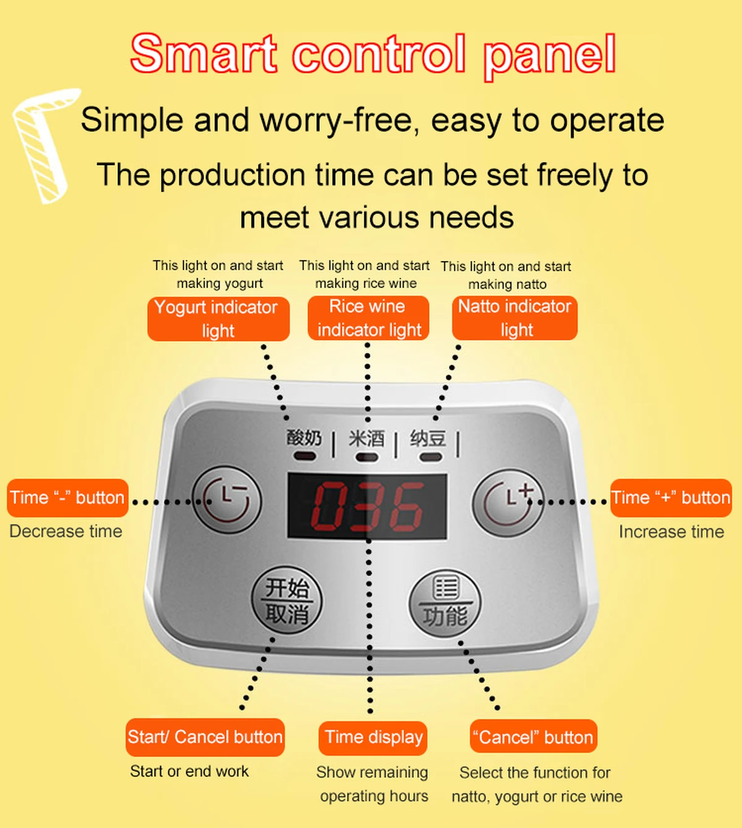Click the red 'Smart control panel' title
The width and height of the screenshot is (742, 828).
pos(373,54)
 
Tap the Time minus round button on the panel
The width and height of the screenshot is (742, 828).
pos(227,500)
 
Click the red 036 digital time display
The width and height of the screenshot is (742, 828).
pos(367,506)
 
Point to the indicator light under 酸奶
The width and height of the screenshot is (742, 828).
pos(304,456)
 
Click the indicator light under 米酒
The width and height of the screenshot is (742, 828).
pos(367,457)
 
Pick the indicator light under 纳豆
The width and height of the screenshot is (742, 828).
pos(430,457)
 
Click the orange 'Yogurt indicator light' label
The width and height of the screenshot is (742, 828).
pos(218,319)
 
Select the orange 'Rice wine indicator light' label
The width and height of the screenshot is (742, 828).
pos(368,318)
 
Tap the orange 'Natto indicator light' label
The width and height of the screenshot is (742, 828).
pos(515,318)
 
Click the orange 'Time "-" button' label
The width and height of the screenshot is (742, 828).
pos(67,498)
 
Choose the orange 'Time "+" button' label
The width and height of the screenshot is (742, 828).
pos(671,498)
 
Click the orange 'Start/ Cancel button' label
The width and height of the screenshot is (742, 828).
pos(205,737)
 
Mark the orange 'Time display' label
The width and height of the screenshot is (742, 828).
pos(373,738)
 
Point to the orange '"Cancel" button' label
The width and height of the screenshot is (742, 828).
pos(534,738)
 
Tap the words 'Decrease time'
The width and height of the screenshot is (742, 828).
pos(66,531)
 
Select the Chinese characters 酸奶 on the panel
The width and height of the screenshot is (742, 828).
pos(304,438)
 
